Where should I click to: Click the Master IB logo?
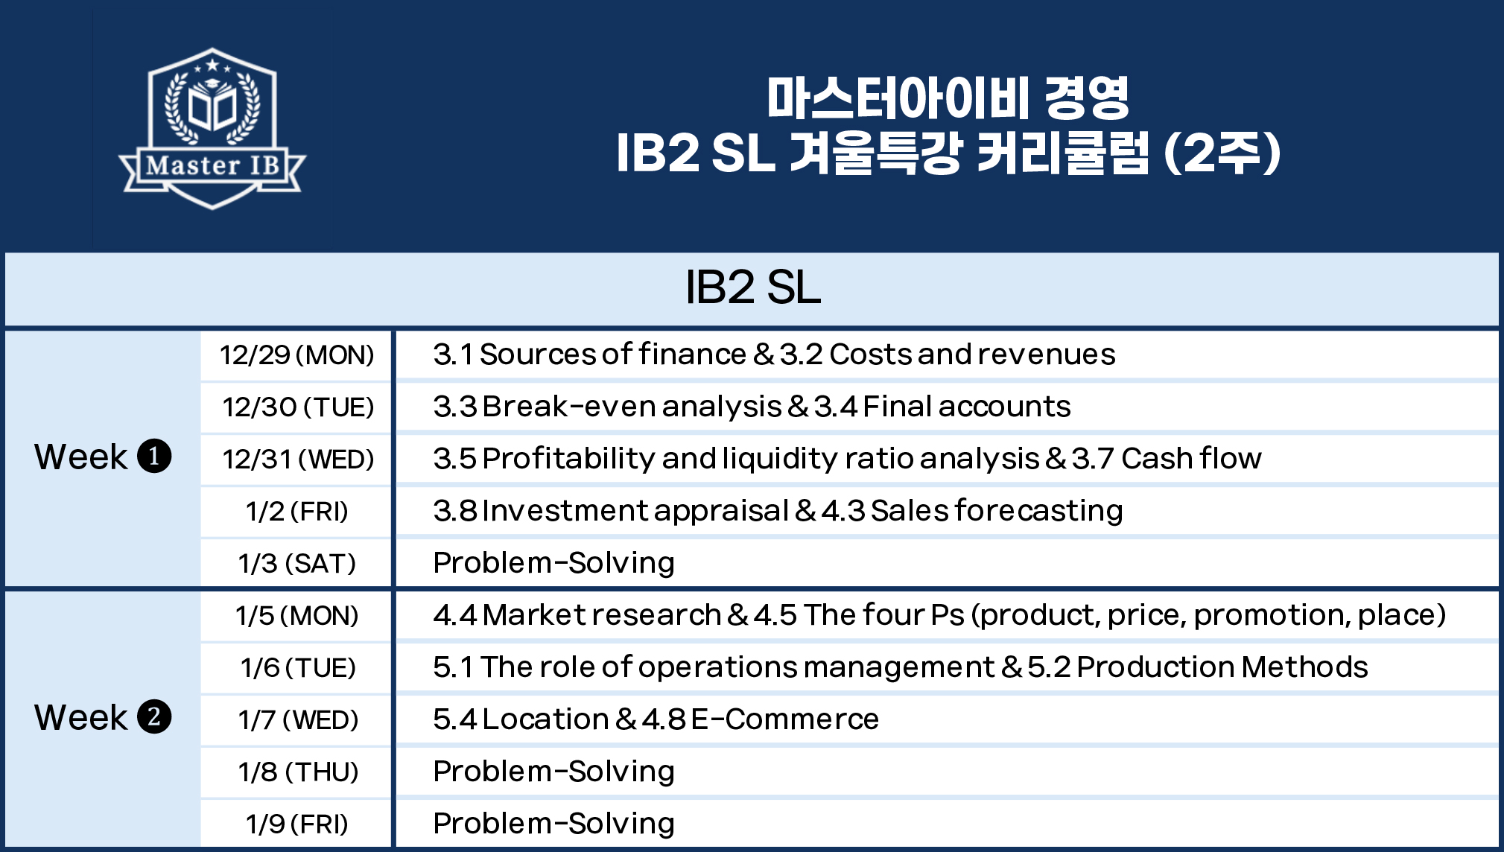tap(212, 128)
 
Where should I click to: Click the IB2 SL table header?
tap(752, 287)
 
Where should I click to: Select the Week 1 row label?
tap(103, 457)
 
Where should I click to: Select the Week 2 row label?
tap(103, 717)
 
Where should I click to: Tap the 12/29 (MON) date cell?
tap(296, 355)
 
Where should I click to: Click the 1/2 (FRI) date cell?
tap(297, 512)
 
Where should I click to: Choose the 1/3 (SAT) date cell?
tap(297, 564)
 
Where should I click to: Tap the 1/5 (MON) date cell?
tap(297, 616)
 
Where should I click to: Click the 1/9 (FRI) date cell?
tap(297, 824)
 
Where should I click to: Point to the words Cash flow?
tap(1192, 458)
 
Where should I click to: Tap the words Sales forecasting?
tap(997, 511)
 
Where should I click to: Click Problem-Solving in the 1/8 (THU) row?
tap(553, 772)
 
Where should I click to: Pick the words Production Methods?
tap(1222, 667)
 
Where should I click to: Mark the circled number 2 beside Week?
tap(154, 717)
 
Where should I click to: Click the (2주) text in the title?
tap(1222, 153)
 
